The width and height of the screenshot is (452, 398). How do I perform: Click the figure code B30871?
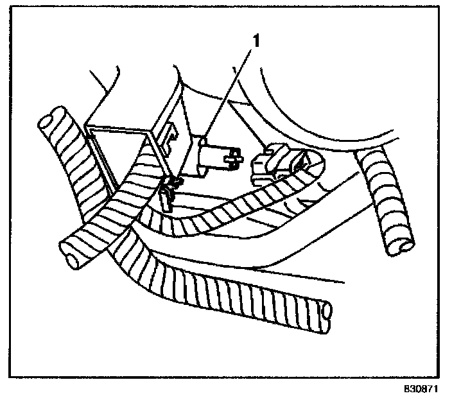(x=425, y=389)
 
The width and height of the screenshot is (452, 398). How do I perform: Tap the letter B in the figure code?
(x=406, y=389)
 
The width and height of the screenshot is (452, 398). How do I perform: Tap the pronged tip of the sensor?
(x=233, y=156)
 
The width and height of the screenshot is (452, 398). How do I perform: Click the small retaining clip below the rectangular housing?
(x=168, y=194)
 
